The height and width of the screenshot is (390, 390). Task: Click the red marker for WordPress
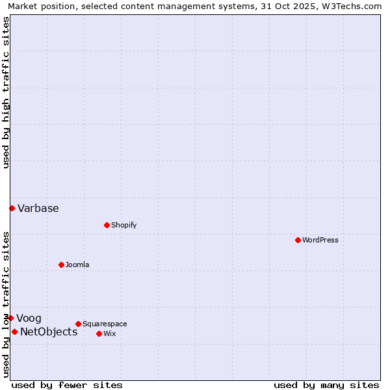click(298, 240)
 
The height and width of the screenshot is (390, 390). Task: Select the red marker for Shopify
click(107, 225)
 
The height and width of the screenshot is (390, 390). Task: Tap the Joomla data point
click(61, 265)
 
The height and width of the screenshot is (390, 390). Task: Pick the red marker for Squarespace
click(78, 324)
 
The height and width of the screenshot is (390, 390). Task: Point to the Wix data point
click(99, 333)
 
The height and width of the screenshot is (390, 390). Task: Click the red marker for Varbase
click(12, 208)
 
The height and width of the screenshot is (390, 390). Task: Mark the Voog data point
click(10, 318)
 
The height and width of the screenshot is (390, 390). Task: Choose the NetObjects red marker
click(14, 331)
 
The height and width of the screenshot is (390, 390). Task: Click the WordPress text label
click(320, 240)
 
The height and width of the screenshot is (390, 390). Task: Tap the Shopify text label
click(123, 225)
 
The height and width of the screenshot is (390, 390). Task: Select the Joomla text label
click(77, 265)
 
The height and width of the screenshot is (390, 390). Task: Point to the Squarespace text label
click(105, 324)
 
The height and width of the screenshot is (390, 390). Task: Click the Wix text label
click(109, 333)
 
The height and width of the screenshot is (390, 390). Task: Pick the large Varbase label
click(38, 209)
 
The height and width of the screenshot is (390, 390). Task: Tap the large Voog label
click(29, 318)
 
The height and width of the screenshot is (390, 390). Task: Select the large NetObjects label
click(49, 332)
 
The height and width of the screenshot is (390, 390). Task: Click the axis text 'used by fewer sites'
click(67, 385)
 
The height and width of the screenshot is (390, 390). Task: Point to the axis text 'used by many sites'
click(326, 385)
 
